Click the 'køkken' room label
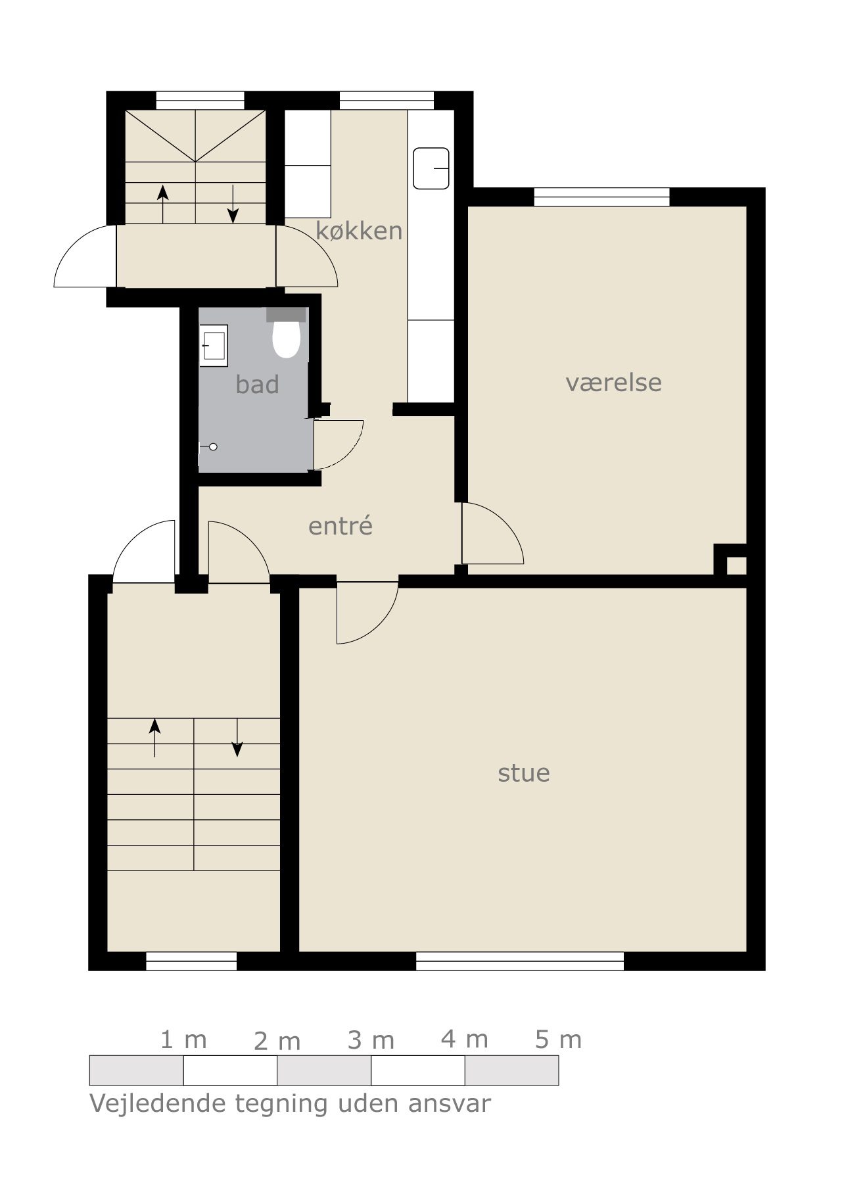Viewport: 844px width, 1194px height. pos(359,231)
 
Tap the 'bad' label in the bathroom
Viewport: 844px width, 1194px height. pos(257,385)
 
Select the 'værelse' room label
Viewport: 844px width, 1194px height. pos(613,382)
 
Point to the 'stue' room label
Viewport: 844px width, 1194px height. pos(524,773)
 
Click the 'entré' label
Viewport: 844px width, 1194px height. pos(340,525)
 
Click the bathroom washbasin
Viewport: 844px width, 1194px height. pos(214,345)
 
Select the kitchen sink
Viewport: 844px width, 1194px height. pos(431,168)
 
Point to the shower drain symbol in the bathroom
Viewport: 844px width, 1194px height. pos(213,447)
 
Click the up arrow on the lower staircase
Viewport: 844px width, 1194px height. pos(154,737)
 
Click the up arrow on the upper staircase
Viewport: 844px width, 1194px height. pos(163,204)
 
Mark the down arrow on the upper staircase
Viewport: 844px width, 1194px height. pos(233,204)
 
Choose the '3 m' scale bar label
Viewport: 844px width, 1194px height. pos(371,1041)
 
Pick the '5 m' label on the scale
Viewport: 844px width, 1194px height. pos(559,1039)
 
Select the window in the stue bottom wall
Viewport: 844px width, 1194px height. pos(520,961)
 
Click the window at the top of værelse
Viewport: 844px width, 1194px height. pos(601,197)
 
